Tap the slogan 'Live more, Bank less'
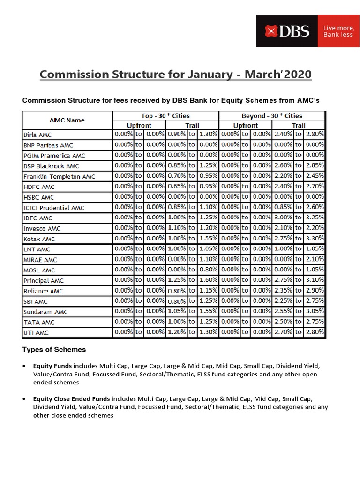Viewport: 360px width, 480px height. tap(338, 31)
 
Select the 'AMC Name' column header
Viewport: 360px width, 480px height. tap(67, 120)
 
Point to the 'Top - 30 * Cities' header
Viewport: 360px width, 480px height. tap(165, 116)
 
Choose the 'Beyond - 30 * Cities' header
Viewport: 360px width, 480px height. tap(272, 116)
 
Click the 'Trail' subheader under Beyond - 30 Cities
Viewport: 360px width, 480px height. tap(299, 125)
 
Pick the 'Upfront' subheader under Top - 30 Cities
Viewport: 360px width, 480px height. tap(139, 125)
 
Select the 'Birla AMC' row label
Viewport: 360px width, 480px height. tap(37, 135)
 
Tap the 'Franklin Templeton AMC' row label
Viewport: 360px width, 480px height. tap(59, 177)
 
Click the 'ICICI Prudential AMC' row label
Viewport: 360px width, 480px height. tap(53, 208)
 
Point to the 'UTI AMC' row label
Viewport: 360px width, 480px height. tap(36, 333)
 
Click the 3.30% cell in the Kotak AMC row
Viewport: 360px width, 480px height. tap(314, 238)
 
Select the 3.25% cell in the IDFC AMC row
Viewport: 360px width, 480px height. tap(314, 217)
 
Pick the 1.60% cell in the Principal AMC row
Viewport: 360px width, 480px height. tap(208, 280)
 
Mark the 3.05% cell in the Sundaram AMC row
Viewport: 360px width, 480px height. tap(314, 311)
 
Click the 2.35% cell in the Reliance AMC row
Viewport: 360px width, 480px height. tap(283, 291)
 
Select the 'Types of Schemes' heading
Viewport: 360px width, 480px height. tap(54, 350)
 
